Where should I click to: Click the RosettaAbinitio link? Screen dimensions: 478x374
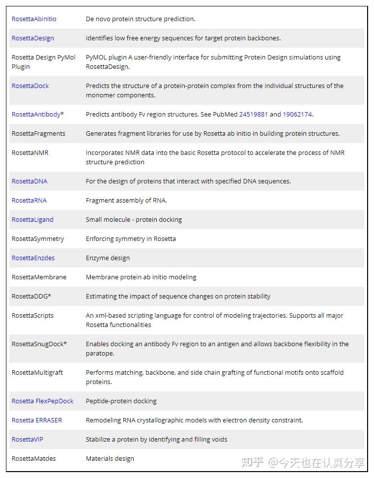34,19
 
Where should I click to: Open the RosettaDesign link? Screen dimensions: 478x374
33,38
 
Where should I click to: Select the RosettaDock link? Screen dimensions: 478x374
30,86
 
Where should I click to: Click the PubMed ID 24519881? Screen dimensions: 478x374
254,115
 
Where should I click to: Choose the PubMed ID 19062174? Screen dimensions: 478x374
297,115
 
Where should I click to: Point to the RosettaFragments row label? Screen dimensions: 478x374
38,134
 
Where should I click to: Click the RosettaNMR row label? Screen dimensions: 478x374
30,153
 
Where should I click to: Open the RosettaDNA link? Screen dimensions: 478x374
29,181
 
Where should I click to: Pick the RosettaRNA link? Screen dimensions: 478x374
29,201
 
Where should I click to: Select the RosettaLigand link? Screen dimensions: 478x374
32,220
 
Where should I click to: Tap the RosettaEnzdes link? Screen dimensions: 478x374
33,258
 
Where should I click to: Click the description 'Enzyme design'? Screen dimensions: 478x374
108,258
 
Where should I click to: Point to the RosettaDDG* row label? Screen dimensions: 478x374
31,297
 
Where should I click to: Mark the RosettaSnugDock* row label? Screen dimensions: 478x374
39,344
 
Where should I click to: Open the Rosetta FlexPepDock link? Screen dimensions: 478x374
42,401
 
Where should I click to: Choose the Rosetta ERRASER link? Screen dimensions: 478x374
37,420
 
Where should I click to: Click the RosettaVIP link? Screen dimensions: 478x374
28,440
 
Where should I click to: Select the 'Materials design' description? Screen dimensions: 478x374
110,459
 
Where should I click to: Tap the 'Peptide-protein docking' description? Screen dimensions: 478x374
121,401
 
